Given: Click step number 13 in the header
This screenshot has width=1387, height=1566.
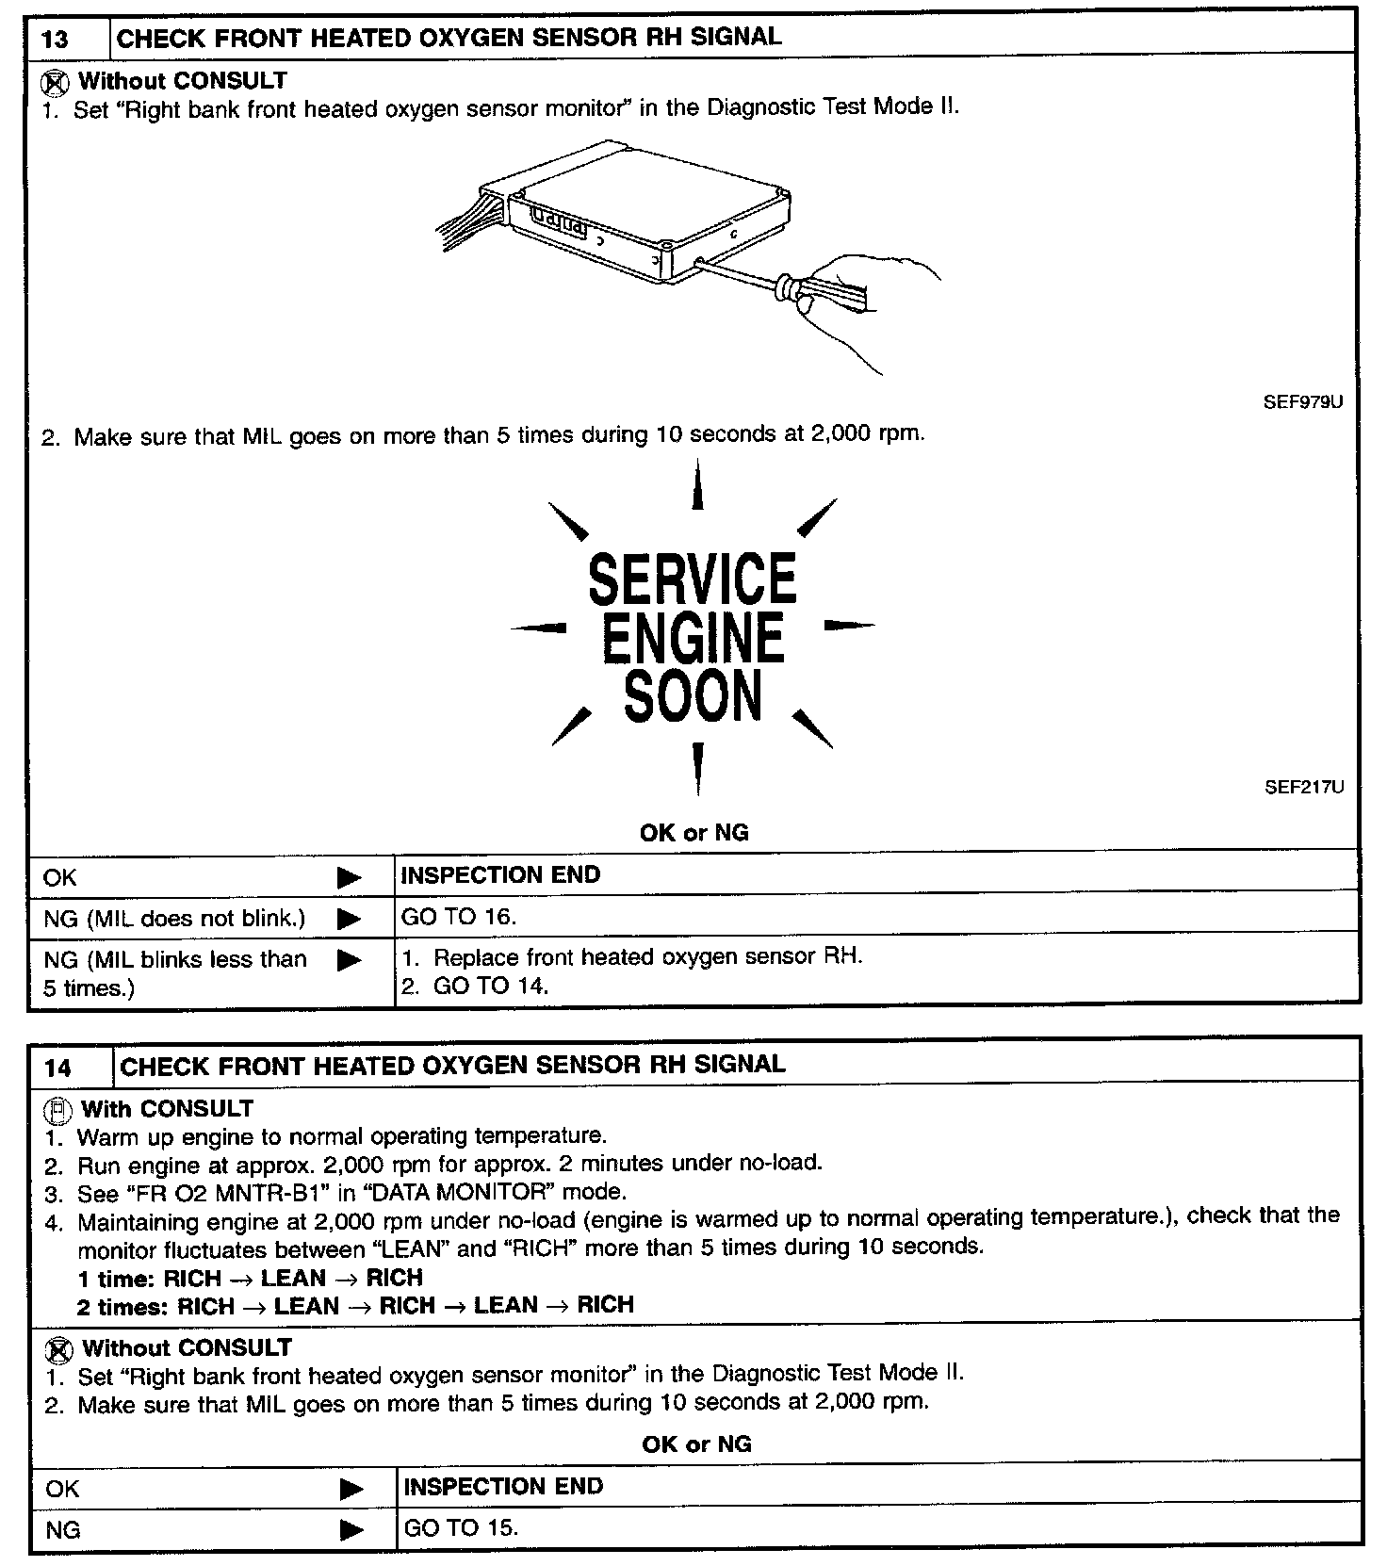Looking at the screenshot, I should coord(56,41).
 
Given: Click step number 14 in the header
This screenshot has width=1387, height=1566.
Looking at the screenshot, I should coord(57,1068).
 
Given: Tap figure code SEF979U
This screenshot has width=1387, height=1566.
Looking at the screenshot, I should coord(1302,402).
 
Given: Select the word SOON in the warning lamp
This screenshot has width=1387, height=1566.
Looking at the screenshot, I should coord(693,696).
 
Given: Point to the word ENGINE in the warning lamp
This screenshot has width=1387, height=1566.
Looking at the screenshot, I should coord(693,637).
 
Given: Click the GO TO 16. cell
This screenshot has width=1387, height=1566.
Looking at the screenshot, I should coord(459,916).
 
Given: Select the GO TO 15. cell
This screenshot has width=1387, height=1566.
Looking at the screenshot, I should coord(461,1527).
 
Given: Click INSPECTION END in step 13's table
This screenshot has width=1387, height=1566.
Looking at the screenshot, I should coord(500,875).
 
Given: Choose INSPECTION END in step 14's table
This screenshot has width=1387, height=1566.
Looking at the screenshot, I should coord(503,1487).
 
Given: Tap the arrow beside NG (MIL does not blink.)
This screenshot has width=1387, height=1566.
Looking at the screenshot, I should coord(349,919).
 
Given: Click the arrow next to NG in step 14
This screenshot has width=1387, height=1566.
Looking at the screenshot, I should coord(351,1529).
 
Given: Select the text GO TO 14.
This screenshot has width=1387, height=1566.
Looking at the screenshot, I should coord(490,987).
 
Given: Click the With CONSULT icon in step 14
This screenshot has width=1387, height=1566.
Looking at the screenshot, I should coord(57,1110).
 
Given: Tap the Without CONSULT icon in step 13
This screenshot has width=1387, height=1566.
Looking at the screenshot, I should coord(55,83).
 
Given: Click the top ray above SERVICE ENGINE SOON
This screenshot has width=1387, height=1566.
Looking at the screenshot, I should coord(697,485).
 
